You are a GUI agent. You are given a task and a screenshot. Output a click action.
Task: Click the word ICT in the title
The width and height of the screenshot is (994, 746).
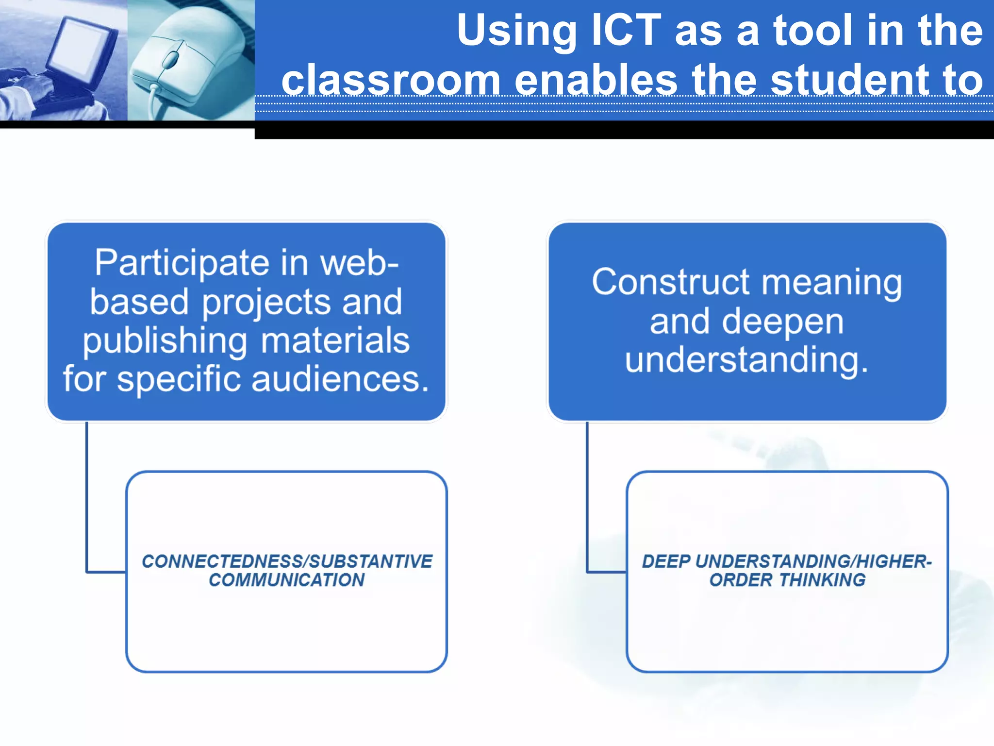pyautogui.click(x=626, y=30)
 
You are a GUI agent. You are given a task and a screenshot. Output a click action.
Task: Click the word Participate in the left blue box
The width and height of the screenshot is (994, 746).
pyautogui.click(x=182, y=263)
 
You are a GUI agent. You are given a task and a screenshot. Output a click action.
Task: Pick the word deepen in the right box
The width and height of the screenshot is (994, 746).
pyautogui.click(x=782, y=322)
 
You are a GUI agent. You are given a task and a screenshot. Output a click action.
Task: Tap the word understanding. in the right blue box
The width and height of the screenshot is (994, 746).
pyautogui.click(x=746, y=360)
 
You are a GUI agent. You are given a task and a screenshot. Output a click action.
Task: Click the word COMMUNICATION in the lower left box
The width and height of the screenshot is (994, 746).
pyautogui.click(x=286, y=580)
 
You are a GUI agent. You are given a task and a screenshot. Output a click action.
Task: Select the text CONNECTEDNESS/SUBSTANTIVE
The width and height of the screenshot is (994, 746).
pyautogui.click(x=286, y=561)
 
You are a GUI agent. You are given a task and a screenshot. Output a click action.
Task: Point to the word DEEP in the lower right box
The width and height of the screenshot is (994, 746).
pyautogui.click(x=666, y=561)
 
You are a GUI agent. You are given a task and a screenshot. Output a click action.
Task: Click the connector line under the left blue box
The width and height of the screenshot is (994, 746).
pyautogui.click(x=87, y=495)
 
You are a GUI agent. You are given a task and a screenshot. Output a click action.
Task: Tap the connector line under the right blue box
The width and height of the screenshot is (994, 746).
pyautogui.click(x=587, y=495)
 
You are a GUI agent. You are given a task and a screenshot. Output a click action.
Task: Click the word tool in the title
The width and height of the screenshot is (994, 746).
pyautogui.click(x=812, y=30)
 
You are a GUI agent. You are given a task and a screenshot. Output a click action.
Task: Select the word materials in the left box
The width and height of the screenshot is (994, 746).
pyautogui.click(x=335, y=341)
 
